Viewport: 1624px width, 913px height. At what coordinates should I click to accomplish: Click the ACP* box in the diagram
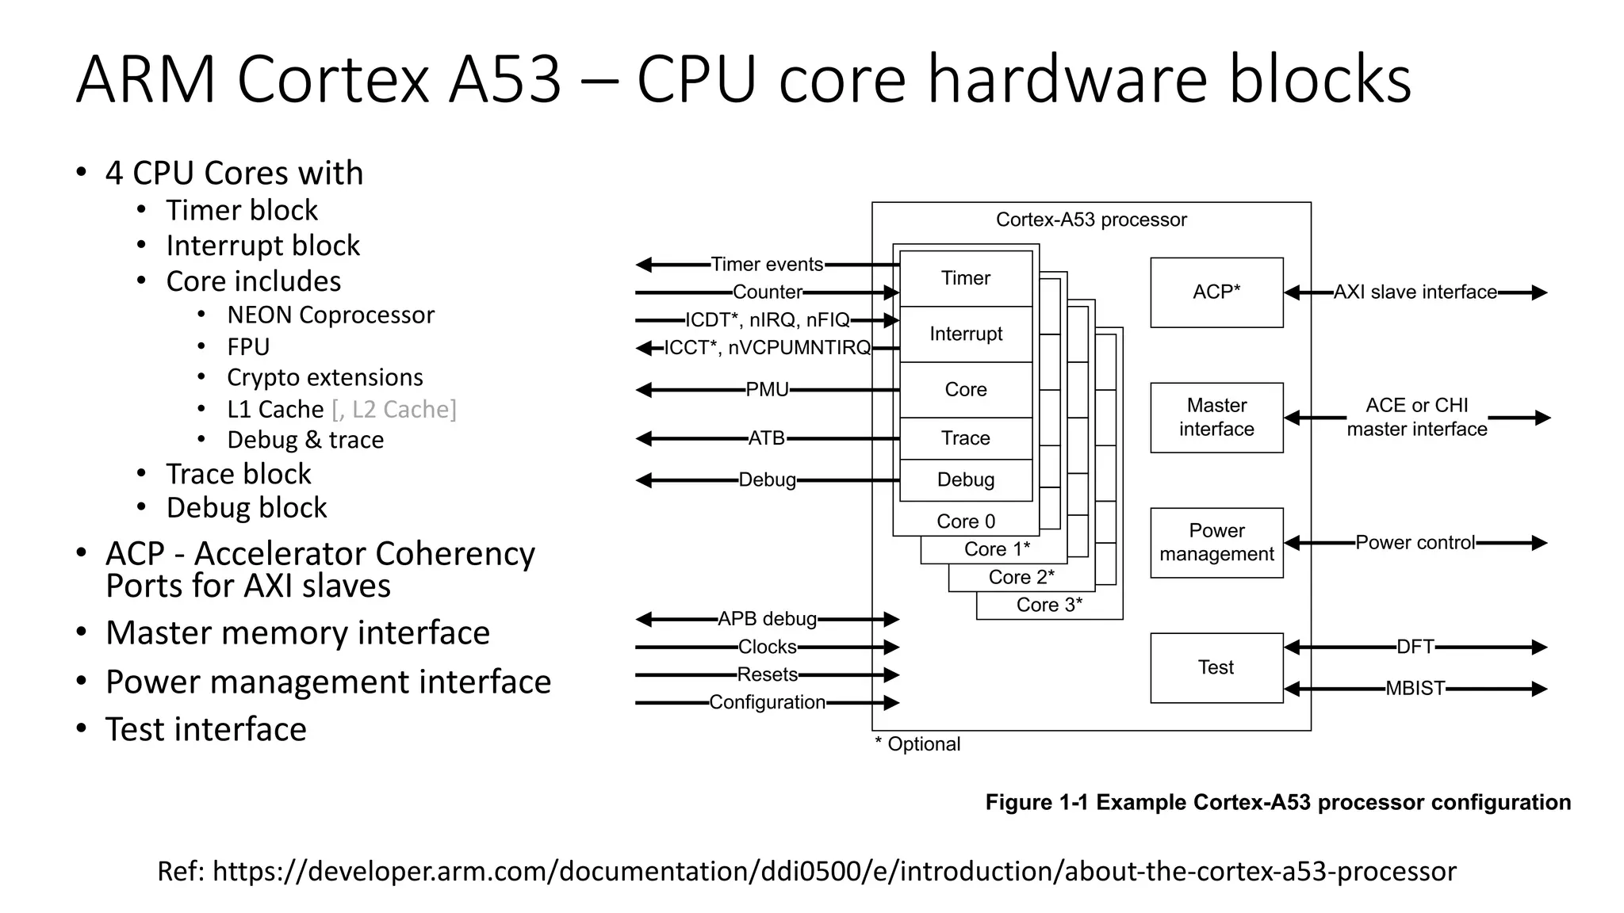click(x=1216, y=292)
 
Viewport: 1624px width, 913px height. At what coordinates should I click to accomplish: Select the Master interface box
click(x=1216, y=417)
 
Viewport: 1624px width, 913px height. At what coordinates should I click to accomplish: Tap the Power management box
click(x=1216, y=542)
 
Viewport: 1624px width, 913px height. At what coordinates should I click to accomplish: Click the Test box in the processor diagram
click(x=1216, y=667)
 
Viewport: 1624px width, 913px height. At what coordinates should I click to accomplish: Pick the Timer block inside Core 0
click(x=965, y=278)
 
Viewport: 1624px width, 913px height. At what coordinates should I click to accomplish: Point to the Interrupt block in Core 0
click(x=965, y=334)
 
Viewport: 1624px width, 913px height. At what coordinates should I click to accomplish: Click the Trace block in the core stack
click(x=965, y=438)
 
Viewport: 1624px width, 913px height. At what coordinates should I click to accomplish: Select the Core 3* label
click(x=1048, y=605)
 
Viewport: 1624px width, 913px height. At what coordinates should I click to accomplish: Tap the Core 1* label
click(x=997, y=549)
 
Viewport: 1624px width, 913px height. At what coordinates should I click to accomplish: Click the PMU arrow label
click(x=767, y=390)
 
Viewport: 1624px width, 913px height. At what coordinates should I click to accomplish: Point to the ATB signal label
click(x=766, y=438)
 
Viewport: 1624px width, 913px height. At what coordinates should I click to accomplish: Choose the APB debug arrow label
click(x=767, y=619)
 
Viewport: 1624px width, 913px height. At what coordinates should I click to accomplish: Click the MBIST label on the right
click(x=1415, y=689)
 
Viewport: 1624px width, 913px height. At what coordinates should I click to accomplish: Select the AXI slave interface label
click(x=1415, y=292)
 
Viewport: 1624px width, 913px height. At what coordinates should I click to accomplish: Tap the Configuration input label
click(x=767, y=702)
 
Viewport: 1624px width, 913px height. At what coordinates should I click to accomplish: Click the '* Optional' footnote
click(x=917, y=744)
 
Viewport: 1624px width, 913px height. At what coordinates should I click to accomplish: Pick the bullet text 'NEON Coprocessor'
click(x=331, y=315)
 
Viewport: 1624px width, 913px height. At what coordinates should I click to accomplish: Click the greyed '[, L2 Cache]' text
click(x=394, y=409)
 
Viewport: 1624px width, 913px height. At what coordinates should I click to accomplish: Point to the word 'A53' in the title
click(x=504, y=79)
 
